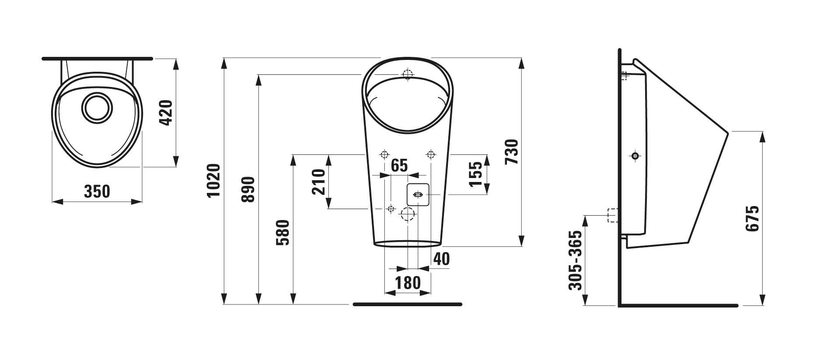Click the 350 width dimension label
click(97, 192)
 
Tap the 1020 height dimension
click(213, 181)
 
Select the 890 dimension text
click(248, 189)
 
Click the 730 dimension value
click(511, 152)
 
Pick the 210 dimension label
click(319, 182)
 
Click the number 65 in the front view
click(399, 166)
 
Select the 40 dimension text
click(441, 259)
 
